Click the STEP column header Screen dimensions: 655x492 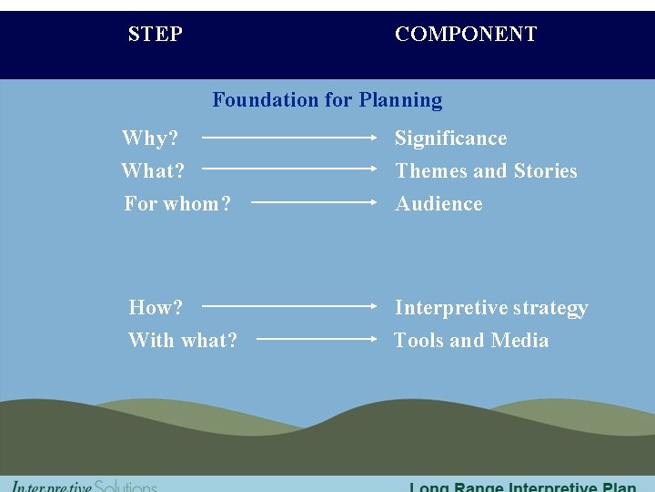pos(156,35)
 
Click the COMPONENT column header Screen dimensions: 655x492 pos(466,35)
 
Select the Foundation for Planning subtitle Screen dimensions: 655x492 pos(327,100)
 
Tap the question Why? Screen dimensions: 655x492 pos(150,138)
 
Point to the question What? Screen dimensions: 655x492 pos(153,171)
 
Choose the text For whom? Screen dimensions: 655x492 pos(177,204)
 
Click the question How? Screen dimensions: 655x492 pos(156,308)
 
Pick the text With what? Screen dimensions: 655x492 pos(183,341)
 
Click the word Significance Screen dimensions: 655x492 pos(450,138)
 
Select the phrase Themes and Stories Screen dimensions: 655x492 pos(486,171)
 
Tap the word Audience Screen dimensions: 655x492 pos(438,204)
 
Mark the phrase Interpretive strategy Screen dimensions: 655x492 pos(491,308)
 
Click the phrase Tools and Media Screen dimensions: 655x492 pos(471,341)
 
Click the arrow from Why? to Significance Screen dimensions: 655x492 pos(289,138)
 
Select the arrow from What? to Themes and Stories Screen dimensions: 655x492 pos(289,169)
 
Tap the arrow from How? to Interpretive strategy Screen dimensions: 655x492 pos(289,307)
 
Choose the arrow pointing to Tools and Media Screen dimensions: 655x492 pos(317,339)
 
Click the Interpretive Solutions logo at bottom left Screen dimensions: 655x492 pos(84,486)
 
